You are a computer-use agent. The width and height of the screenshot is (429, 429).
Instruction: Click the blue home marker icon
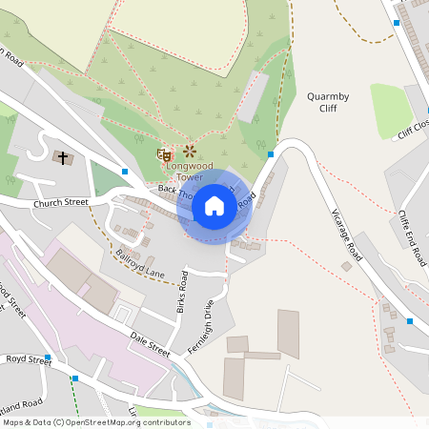click(214, 205)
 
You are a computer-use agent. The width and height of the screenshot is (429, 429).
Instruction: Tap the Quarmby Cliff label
click(329, 102)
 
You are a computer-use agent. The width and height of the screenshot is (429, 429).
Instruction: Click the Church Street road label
click(60, 203)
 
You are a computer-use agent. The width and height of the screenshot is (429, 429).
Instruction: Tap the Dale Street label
click(151, 345)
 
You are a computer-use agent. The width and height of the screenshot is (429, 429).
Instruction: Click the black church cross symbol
click(64, 158)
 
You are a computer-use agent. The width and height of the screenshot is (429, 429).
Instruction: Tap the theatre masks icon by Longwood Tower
click(165, 153)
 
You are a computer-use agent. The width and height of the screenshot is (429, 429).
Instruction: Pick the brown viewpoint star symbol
click(189, 151)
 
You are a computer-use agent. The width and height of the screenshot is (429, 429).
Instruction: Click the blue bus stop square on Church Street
click(125, 172)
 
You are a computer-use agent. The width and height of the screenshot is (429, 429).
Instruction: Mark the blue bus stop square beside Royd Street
click(47, 357)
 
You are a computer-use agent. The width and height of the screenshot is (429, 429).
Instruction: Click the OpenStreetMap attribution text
click(95, 422)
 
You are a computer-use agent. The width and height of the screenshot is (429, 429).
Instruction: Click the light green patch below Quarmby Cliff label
click(391, 111)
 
